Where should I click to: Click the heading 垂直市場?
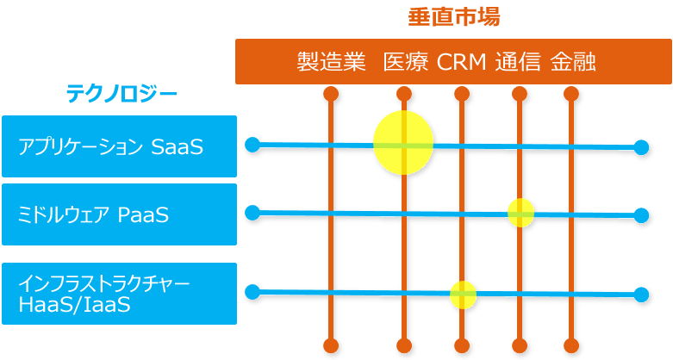(x=454, y=17)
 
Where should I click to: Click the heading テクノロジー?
(x=122, y=94)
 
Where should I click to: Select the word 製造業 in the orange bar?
(x=332, y=62)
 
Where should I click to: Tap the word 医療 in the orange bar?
(x=406, y=62)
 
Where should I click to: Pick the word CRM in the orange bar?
(x=461, y=62)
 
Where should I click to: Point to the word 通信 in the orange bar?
(x=518, y=62)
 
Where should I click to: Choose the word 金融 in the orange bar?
(x=573, y=62)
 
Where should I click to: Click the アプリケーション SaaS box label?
(x=110, y=146)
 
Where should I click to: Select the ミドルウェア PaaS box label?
(x=93, y=214)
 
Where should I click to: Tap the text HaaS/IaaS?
(x=74, y=305)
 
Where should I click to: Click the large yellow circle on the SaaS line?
(x=403, y=142)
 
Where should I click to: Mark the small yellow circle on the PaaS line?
(x=520, y=213)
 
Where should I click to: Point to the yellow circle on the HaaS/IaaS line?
(x=463, y=295)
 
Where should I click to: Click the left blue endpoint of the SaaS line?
(x=252, y=145)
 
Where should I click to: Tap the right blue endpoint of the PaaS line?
(x=641, y=215)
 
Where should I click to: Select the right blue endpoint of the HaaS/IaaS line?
(x=641, y=295)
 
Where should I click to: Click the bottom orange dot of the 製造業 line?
(x=331, y=345)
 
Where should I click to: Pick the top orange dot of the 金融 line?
(x=570, y=94)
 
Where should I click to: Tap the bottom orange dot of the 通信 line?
(x=520, y=345)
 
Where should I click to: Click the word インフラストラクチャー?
(x=104, y=284)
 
